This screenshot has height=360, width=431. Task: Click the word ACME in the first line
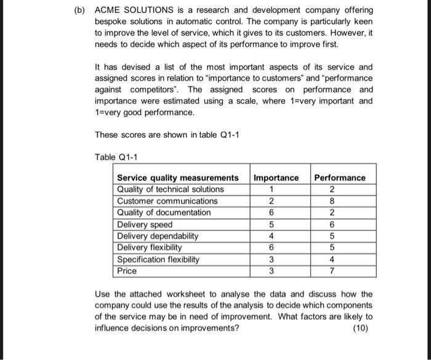(x=108, y=10)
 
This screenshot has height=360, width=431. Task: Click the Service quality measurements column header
(x=178, y=177)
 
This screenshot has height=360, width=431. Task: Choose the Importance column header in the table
(x=276, y=177)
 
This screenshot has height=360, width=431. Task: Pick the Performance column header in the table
(x=339, y=177)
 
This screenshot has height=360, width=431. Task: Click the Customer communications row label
(x=167, y=201)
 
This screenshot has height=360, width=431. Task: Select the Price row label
(x=127, y=271)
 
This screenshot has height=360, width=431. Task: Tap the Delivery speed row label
(x=145, y=224)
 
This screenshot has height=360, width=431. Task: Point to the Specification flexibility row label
(x=158, y=259)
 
